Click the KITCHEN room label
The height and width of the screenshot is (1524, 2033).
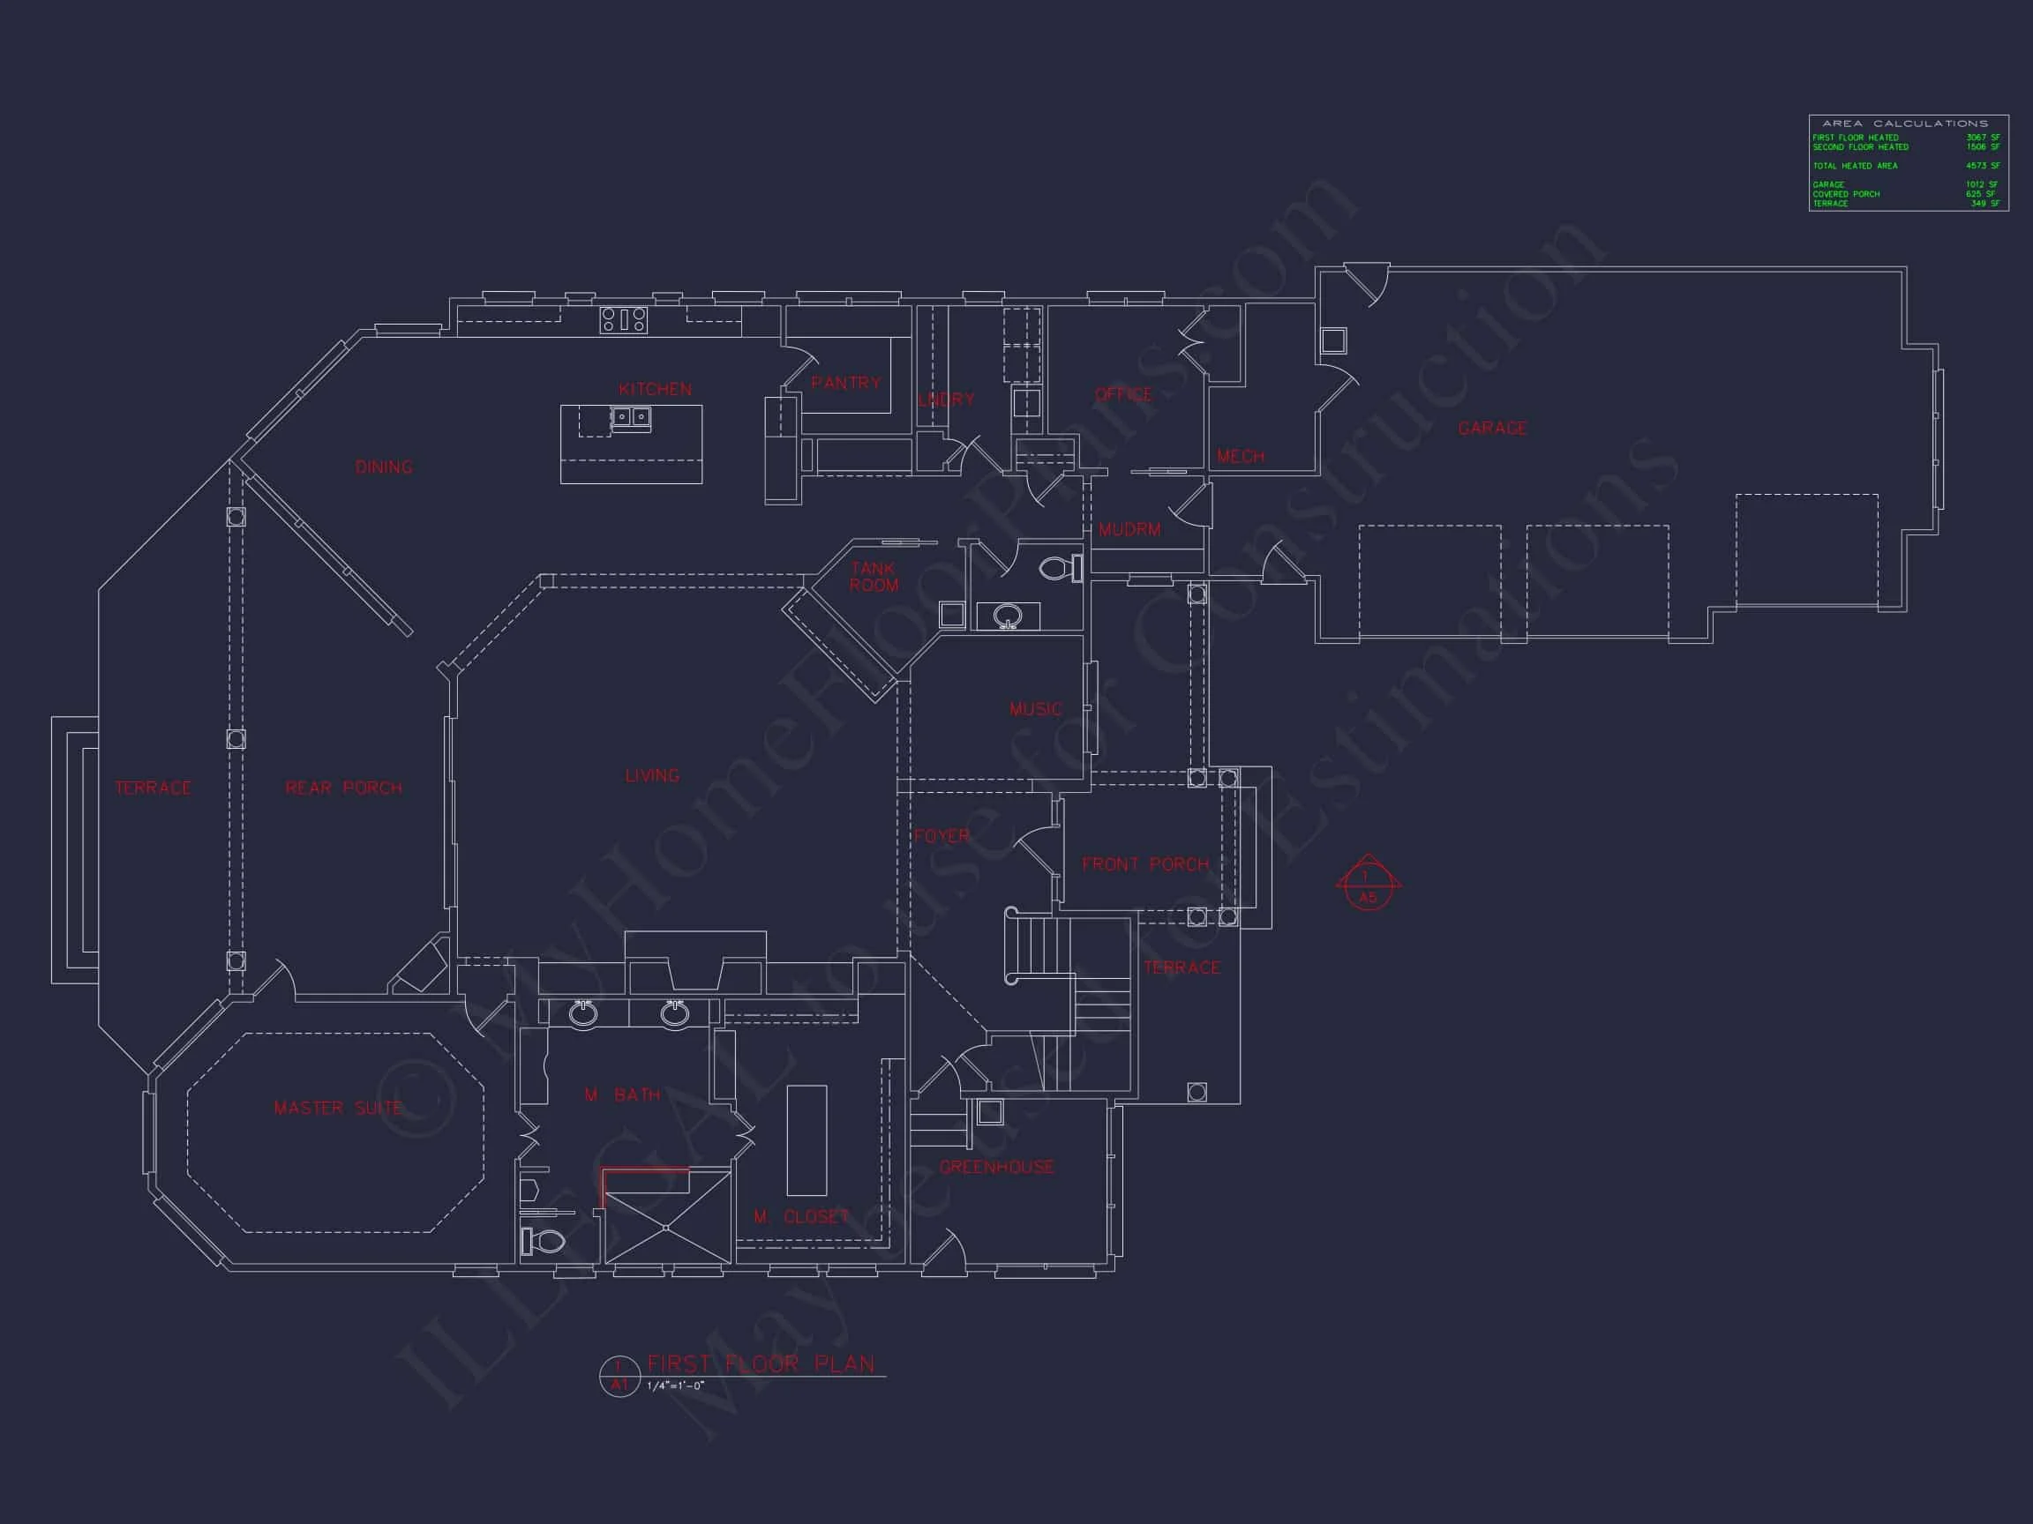(x=656, y=390)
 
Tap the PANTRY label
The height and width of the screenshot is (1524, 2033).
(x=845, y=382)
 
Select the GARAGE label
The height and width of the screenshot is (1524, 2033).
(x=1493, y=428)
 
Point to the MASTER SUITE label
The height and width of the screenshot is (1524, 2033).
(x=338, y=1109)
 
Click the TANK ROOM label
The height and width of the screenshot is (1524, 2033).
(x=874, y=577)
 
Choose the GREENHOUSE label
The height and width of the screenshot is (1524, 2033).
(x=996, y=1168)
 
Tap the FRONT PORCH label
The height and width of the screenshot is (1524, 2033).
(x=1145, y=864)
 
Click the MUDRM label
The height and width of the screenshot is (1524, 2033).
(x=1129, y=530)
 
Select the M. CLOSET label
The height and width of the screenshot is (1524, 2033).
(x=801, y=1217)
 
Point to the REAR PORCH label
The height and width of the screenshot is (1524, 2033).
(x=344, y=788)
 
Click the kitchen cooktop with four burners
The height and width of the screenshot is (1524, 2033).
(x=624, y=319)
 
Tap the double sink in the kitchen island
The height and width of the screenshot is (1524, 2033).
(x=632, y=418)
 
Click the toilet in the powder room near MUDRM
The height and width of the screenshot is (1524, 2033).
(x=1061, y=568)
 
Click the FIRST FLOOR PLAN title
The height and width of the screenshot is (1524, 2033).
(x=761, y=1364)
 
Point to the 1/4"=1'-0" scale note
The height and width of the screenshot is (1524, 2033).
(x=676, y=1386)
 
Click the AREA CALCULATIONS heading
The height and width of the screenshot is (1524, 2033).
(x=1904, y=123)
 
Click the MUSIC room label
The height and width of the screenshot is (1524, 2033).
(x=1036, y=709)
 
